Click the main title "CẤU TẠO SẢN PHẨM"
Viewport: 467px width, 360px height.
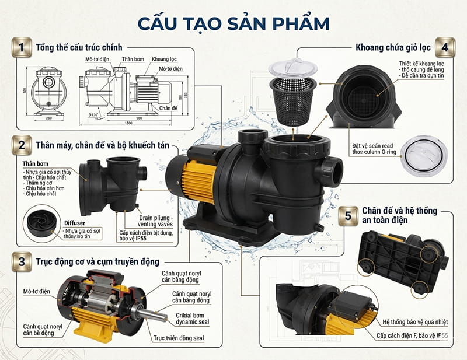coord(233,22)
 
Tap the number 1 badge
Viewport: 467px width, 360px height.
coord(22,47)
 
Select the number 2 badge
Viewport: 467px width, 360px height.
coord(22,144)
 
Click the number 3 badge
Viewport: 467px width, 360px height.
coord(22,260)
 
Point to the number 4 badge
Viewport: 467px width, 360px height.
coord(445,47)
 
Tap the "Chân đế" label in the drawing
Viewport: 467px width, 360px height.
coord(167,108)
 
